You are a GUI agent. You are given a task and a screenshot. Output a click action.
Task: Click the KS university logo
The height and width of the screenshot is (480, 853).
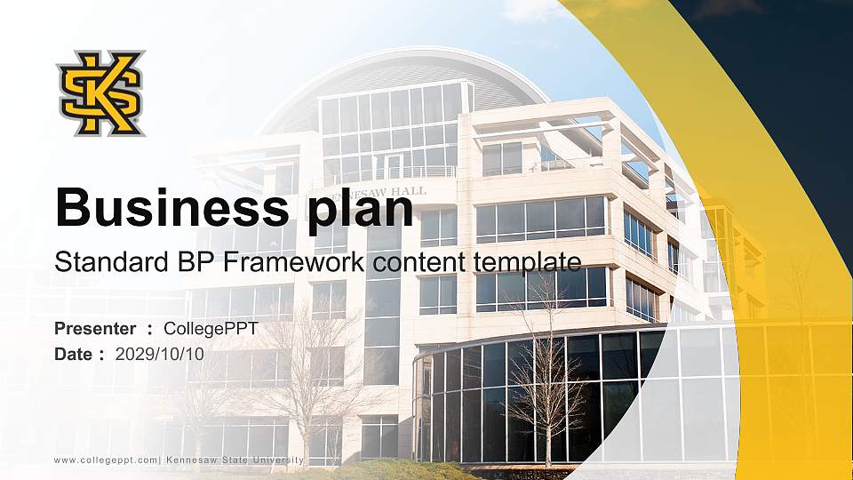(x=100, y=93)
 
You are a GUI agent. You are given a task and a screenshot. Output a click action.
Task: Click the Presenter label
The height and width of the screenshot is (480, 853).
(x=95, y=329)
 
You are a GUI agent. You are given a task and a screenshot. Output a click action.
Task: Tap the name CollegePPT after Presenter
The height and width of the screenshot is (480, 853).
(x=211, y=329)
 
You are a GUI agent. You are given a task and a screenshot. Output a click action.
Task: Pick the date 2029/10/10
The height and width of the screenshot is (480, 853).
(x=160, y=354)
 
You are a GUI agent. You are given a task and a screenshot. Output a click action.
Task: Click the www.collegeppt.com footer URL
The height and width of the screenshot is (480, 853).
(x=106, y=460)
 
